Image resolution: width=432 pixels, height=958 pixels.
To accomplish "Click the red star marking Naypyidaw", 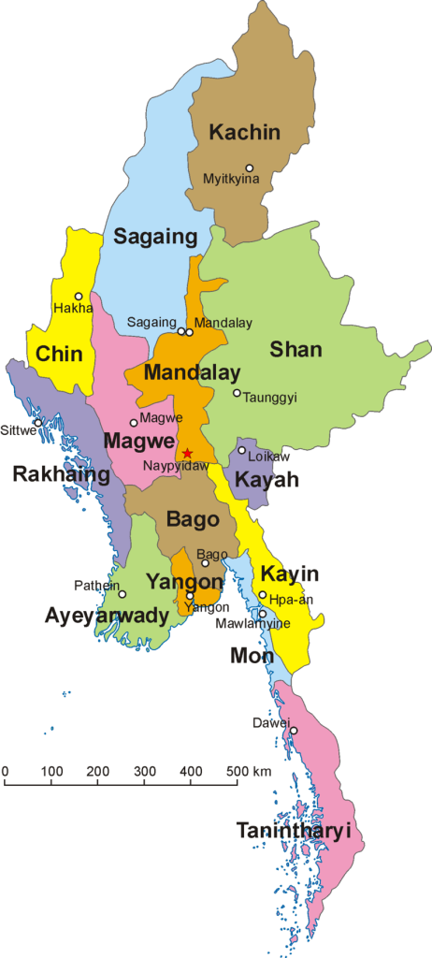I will pyautogui.click(x=187, y=453).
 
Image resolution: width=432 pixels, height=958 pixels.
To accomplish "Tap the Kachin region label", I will pyautogui.click(x=244, y=132).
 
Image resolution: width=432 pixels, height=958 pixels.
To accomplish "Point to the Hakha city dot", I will pyautogui.click(x=79, y=297).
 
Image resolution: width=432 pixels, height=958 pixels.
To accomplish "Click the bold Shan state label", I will pyautogui.click(x=295, y=350).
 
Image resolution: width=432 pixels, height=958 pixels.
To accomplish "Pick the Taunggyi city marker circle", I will pyautogui.click(x=237, y=393).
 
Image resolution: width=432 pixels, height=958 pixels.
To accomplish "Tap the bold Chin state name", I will pyautogui.click(x=59, y=355).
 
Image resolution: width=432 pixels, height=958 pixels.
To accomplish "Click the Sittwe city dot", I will pyautogui.click(x=37, y=422).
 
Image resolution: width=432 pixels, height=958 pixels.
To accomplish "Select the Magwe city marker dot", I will pyautogui.click(x=134, y=423).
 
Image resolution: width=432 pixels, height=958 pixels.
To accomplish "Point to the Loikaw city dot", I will pyautogui.click(x=241, y=451).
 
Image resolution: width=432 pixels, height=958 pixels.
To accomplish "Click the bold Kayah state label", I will pyautogui.click(x=266, y=480).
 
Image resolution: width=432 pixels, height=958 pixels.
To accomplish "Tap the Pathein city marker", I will pyautogui.click(x=122, y=594).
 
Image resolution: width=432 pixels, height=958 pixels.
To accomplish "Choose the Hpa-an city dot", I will pyautogui.click(x=263, y=595).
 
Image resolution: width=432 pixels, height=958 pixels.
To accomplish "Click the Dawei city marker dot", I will pyautogui.click(x=293, y=731).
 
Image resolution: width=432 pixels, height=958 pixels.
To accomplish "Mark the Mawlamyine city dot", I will pyautogui.click(x=263, y=615).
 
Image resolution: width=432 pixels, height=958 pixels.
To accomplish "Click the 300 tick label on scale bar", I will pyautogui.click(x=144, y=771).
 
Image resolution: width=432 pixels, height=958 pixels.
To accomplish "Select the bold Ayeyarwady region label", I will pyautogui.click(x=107, y=616).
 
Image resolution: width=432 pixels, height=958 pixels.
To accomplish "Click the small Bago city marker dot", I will pyautogui.click(x=206, y=563).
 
